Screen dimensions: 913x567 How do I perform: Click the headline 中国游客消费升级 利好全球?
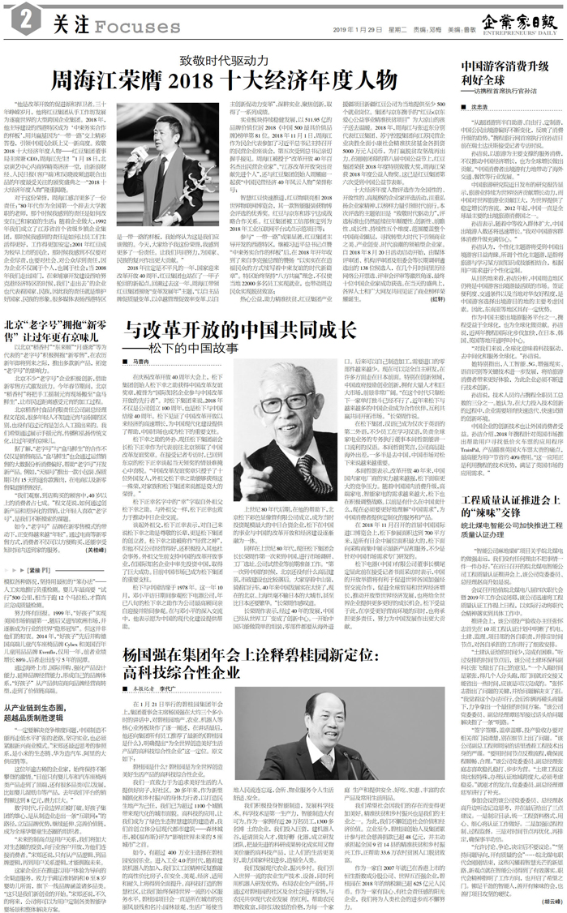click(496, 70)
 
